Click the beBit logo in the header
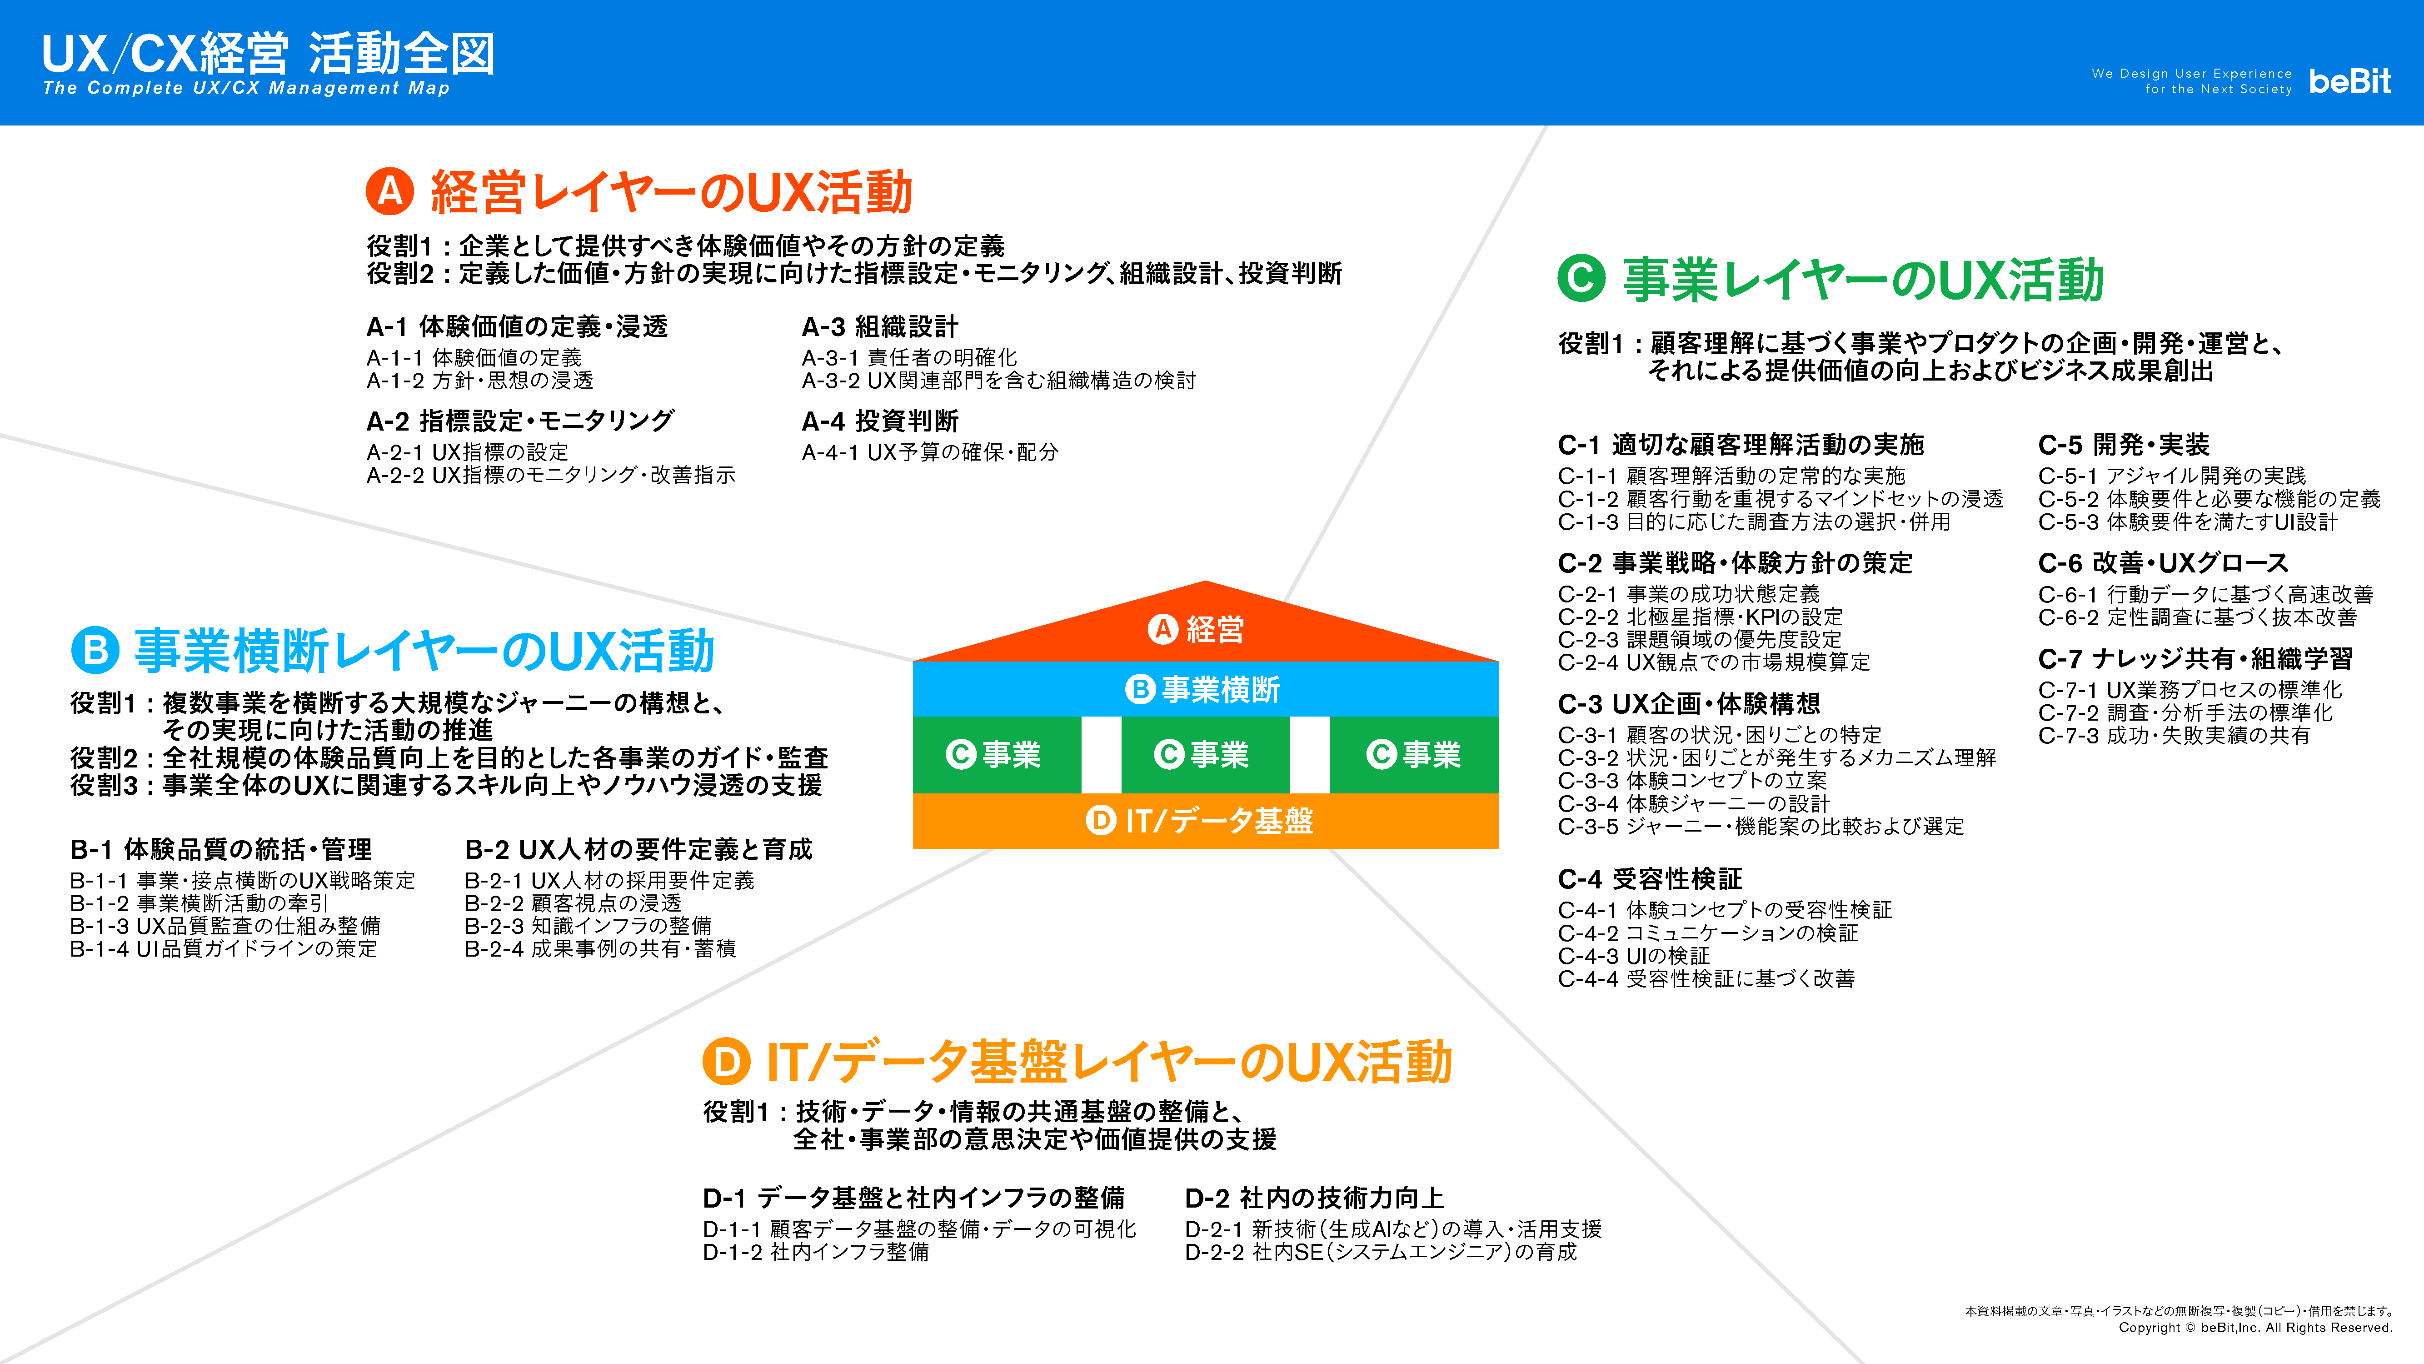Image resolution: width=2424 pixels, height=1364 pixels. [2349, 81]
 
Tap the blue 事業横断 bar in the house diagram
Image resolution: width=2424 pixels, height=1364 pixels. [1206, 689]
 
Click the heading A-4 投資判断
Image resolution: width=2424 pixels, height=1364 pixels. [880, 421]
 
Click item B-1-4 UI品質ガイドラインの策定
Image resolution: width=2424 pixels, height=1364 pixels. [224, 949]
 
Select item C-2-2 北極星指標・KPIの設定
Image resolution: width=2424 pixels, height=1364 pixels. [1701, 617]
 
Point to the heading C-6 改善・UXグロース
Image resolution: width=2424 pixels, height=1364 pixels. [2163, 563]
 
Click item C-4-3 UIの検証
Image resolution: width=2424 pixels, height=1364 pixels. [1635, 955]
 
